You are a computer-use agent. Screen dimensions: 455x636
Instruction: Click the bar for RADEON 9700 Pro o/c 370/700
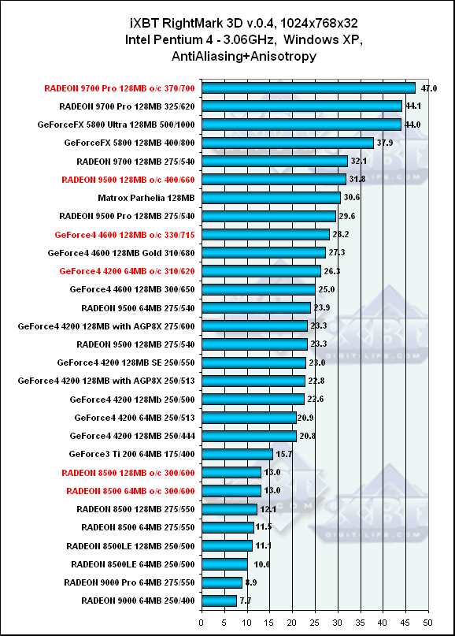pos(309,88)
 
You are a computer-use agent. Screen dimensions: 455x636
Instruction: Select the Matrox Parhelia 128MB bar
pos(271,198)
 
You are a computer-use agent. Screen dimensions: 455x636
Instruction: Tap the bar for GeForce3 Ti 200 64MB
pos(237,454)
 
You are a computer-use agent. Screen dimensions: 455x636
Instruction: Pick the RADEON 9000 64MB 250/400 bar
pos(219,601)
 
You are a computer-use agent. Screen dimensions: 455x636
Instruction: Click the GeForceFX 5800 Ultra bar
pos(301,125)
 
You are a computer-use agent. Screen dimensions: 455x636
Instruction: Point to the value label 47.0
pos(429,88)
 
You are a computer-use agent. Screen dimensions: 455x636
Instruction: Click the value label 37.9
pos(384,143)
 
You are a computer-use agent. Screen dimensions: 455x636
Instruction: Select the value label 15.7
pos(284,454)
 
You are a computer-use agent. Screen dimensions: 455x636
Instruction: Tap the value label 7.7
pos(245,601)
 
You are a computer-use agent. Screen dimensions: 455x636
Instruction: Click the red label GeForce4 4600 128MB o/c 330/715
pos(125,235)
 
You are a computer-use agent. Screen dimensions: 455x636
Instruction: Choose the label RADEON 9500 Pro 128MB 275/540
pos(127,216)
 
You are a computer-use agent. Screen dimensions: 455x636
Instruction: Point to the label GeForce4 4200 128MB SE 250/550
pos(126,363)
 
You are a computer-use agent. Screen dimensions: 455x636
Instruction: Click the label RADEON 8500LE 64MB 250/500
pos(133,564)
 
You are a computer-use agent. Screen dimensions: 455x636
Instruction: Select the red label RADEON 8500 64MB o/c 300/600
pos(131,491)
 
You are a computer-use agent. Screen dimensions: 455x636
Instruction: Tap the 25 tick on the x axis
pos(314,623)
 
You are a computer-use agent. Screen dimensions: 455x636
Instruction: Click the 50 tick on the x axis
pos(428,623)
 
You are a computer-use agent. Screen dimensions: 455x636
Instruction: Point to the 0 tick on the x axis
pos(202,623)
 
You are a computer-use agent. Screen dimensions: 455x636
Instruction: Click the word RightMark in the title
pos(192,23)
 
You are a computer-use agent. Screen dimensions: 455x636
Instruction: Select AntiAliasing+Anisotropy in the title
pos(244,56)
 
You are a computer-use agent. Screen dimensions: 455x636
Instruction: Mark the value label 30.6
pos(352,198)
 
